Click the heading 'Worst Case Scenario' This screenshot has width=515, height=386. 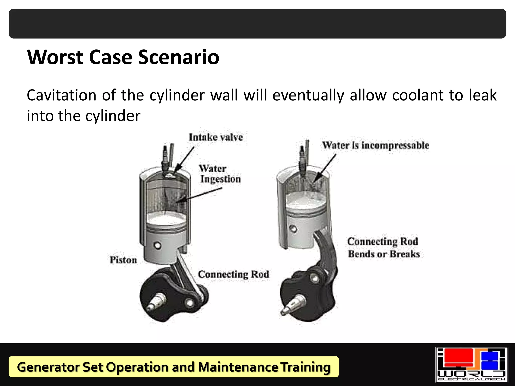point(123,57)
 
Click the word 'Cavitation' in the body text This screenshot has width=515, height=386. point(61,95)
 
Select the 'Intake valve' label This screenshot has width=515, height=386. point(216,137)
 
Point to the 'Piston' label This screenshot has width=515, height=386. point(123,260)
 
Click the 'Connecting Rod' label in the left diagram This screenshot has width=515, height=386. point(233,274)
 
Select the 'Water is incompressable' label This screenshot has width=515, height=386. point(376,145)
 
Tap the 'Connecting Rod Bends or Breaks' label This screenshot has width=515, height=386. point(383,248)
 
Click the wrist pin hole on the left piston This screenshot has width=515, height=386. point(158,245)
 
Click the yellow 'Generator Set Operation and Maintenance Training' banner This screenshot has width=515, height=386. point(174,367)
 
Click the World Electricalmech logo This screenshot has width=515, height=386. point(471,364)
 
